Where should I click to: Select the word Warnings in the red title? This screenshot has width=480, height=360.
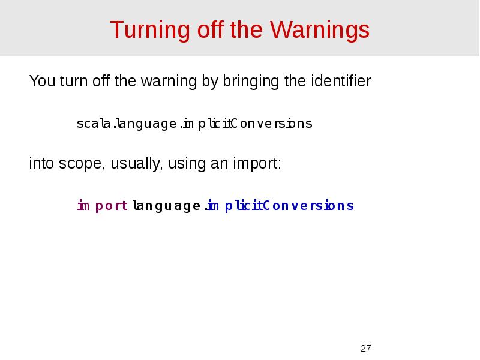320,30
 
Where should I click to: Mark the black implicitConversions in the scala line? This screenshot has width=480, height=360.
247,124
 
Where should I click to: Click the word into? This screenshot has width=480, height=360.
42,164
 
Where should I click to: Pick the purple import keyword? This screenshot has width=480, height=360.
102,206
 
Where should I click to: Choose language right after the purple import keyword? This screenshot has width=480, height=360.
166,206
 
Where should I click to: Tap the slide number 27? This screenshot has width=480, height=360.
366,349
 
